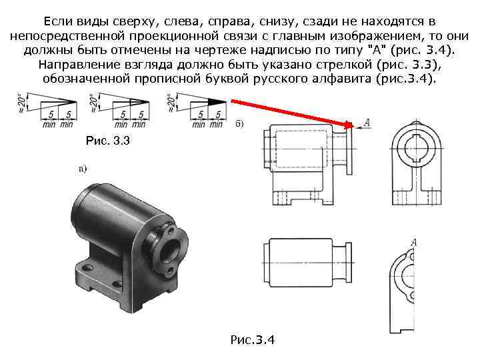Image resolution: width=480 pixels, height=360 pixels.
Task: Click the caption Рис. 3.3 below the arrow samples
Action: [108, 141]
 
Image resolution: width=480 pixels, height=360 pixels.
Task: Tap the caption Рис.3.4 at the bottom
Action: [253, 340]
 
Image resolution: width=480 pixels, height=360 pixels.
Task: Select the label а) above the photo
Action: [83, 169]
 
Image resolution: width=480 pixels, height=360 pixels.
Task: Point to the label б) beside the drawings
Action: [239, 124]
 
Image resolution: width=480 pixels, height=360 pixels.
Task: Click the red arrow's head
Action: [349, 125]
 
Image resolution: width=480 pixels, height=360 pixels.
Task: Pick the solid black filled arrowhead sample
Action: [217, 102]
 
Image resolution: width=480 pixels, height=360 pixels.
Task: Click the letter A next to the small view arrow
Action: [367, 123]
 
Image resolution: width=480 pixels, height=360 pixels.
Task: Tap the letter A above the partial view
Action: [413, 243]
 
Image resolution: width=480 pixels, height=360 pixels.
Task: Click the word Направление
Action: [79, 65]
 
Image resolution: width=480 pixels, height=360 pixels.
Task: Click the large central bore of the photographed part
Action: [169, 250]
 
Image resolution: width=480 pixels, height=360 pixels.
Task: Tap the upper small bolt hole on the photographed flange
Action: [171, 229]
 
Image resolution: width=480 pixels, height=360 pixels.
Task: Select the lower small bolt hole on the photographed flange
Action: [169, 270]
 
